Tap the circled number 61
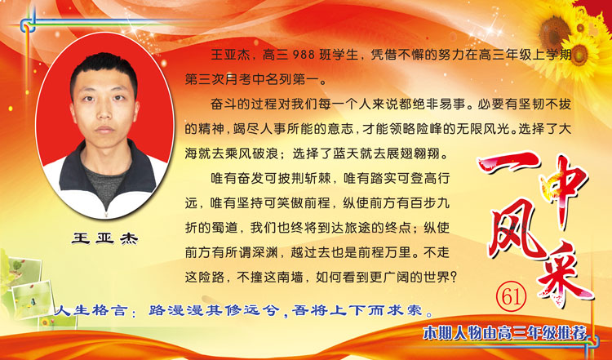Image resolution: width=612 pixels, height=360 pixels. [x=512, y=296]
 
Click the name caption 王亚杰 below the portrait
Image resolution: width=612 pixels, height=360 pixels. [x=104, y=238]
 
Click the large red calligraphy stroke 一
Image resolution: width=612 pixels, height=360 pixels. [x=508, y=163]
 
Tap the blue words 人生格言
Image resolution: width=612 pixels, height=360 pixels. [x=91, y=310]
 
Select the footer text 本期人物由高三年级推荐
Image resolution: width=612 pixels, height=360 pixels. [x=504, y=333]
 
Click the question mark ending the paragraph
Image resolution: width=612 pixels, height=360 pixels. [x=453, y=278]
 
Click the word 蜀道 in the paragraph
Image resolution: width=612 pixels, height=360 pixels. [x=225, y=228]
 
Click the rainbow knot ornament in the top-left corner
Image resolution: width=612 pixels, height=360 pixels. [x=28, y=24]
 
